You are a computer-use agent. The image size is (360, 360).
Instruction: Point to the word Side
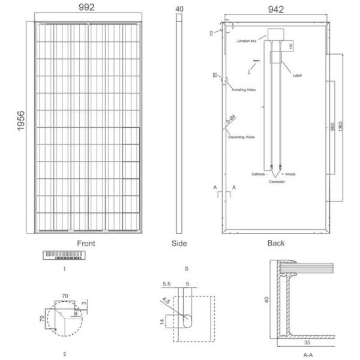tap(179, 244)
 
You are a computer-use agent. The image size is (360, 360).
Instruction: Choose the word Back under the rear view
tap(275, 244)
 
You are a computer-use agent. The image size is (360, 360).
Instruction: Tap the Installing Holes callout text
tap(244, 89)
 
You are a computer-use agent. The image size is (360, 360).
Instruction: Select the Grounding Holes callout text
tap(242, 137)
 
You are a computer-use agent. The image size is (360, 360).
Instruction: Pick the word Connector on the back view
tap(277, 181)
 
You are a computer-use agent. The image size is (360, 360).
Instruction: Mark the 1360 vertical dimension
tap(340, 128)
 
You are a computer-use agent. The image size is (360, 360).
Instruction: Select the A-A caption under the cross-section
tap(308, 355)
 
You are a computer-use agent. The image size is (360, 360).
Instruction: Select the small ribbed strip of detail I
tap(64, 256)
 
